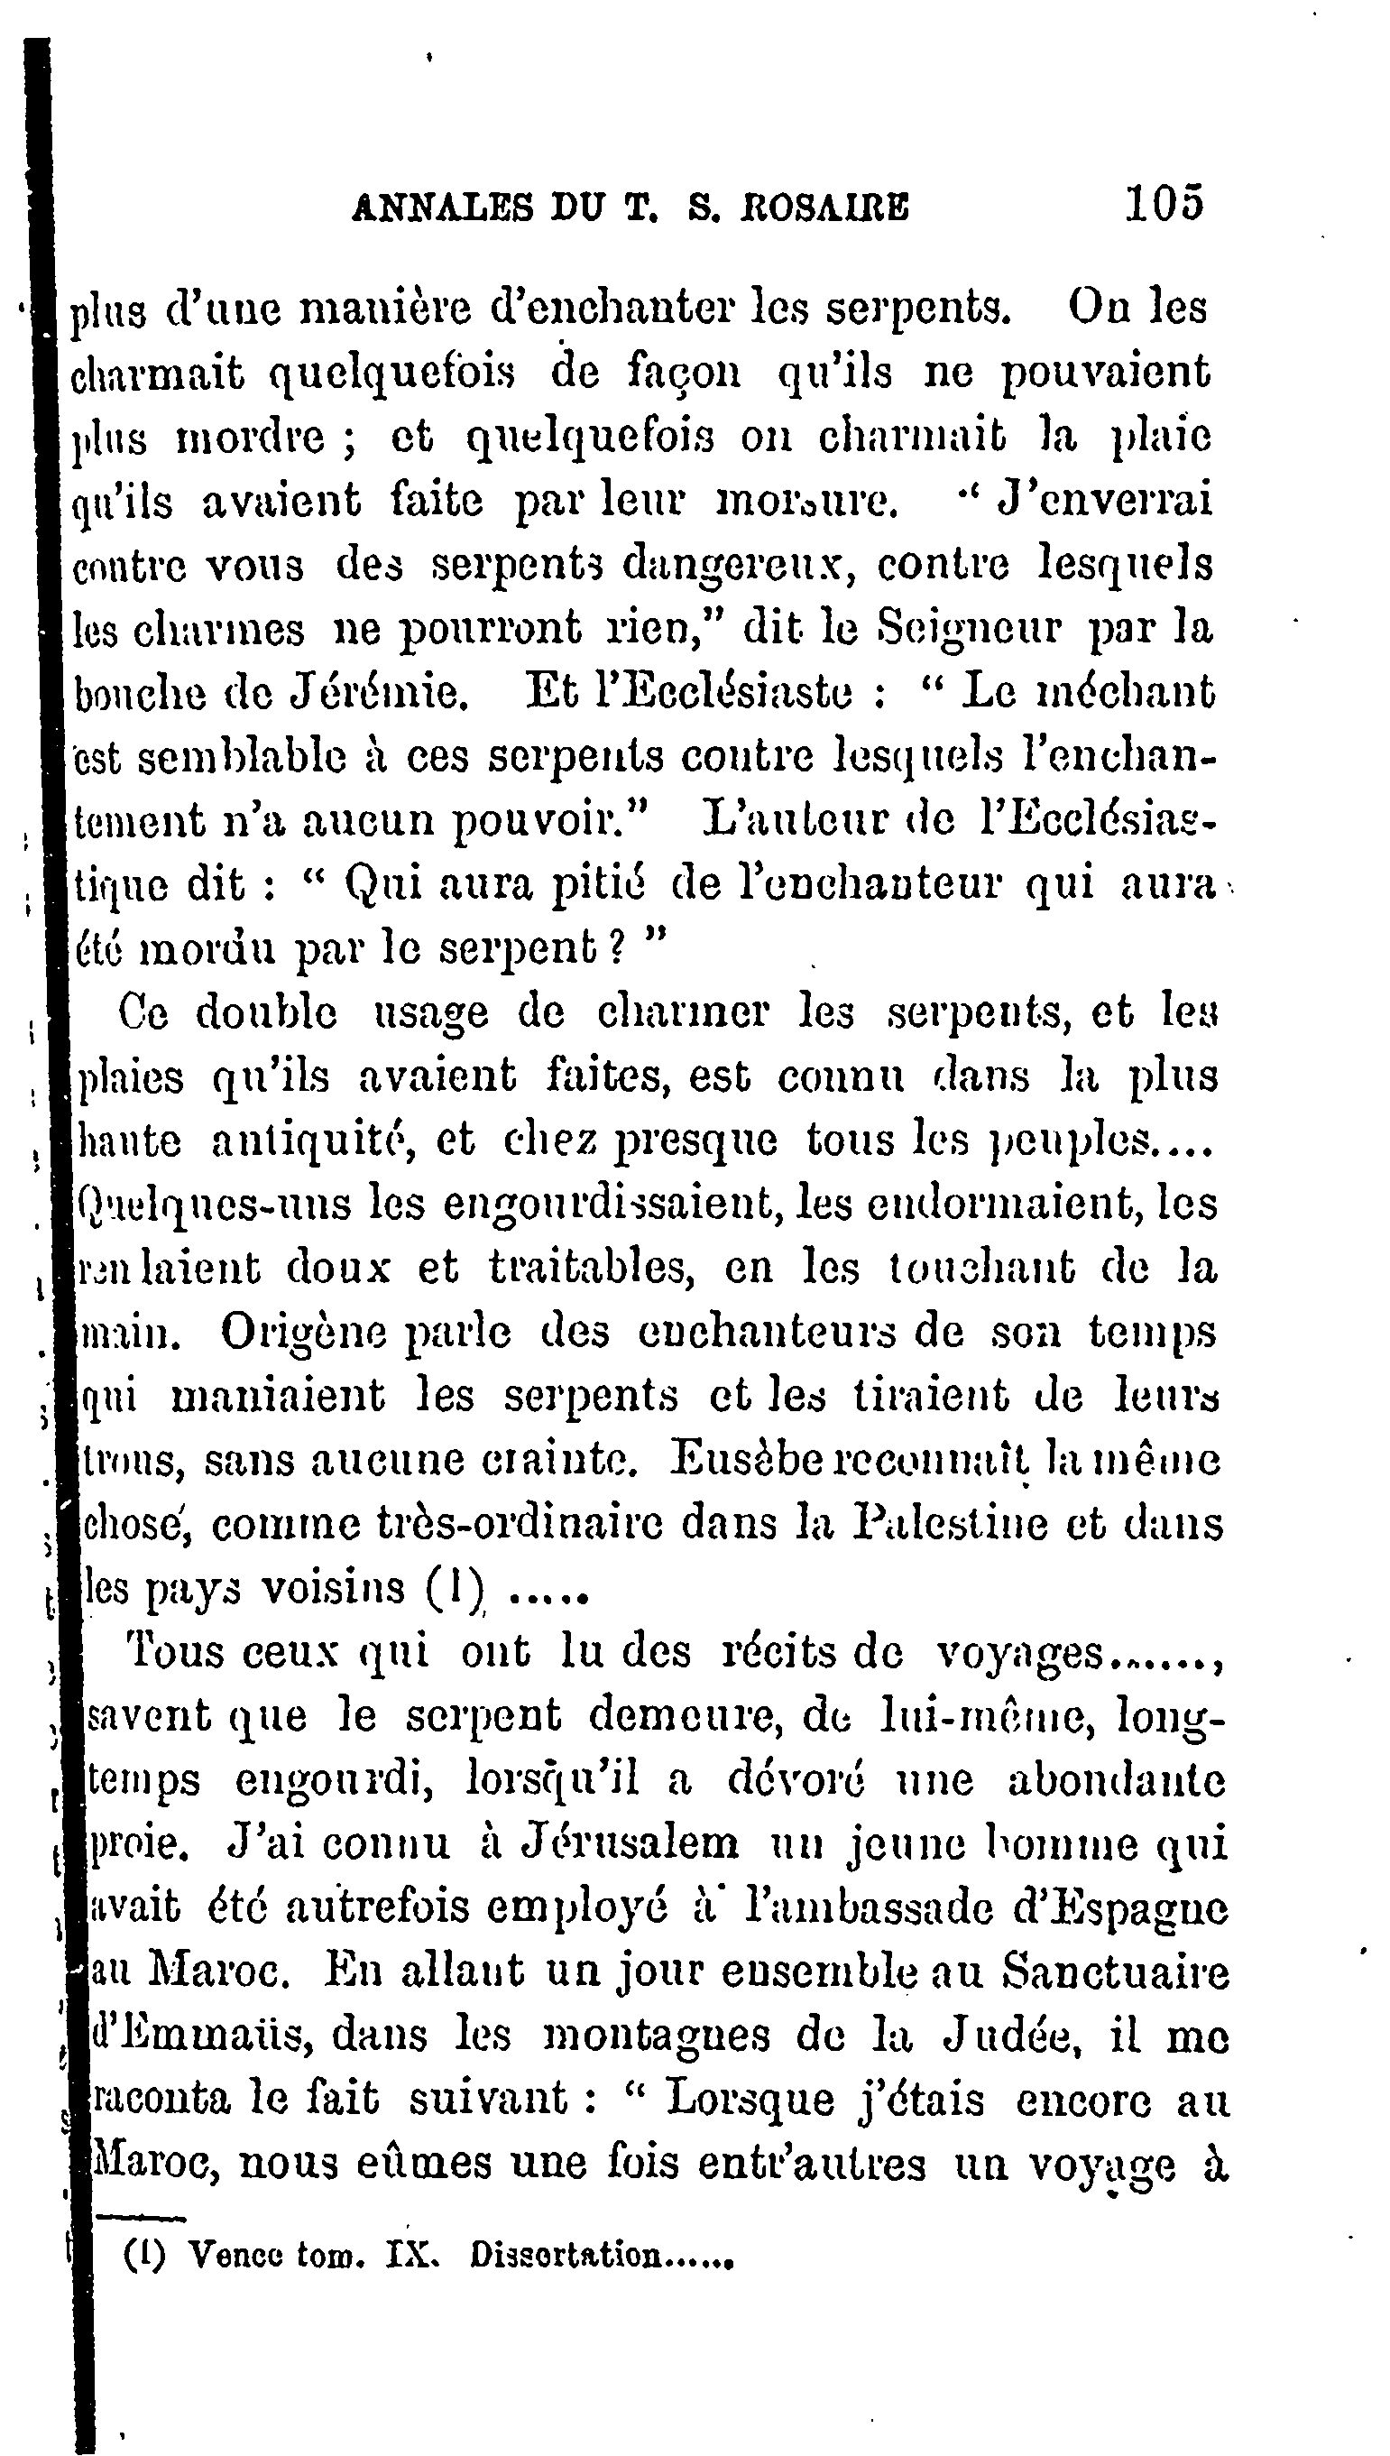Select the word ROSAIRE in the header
[x=824, y=208]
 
